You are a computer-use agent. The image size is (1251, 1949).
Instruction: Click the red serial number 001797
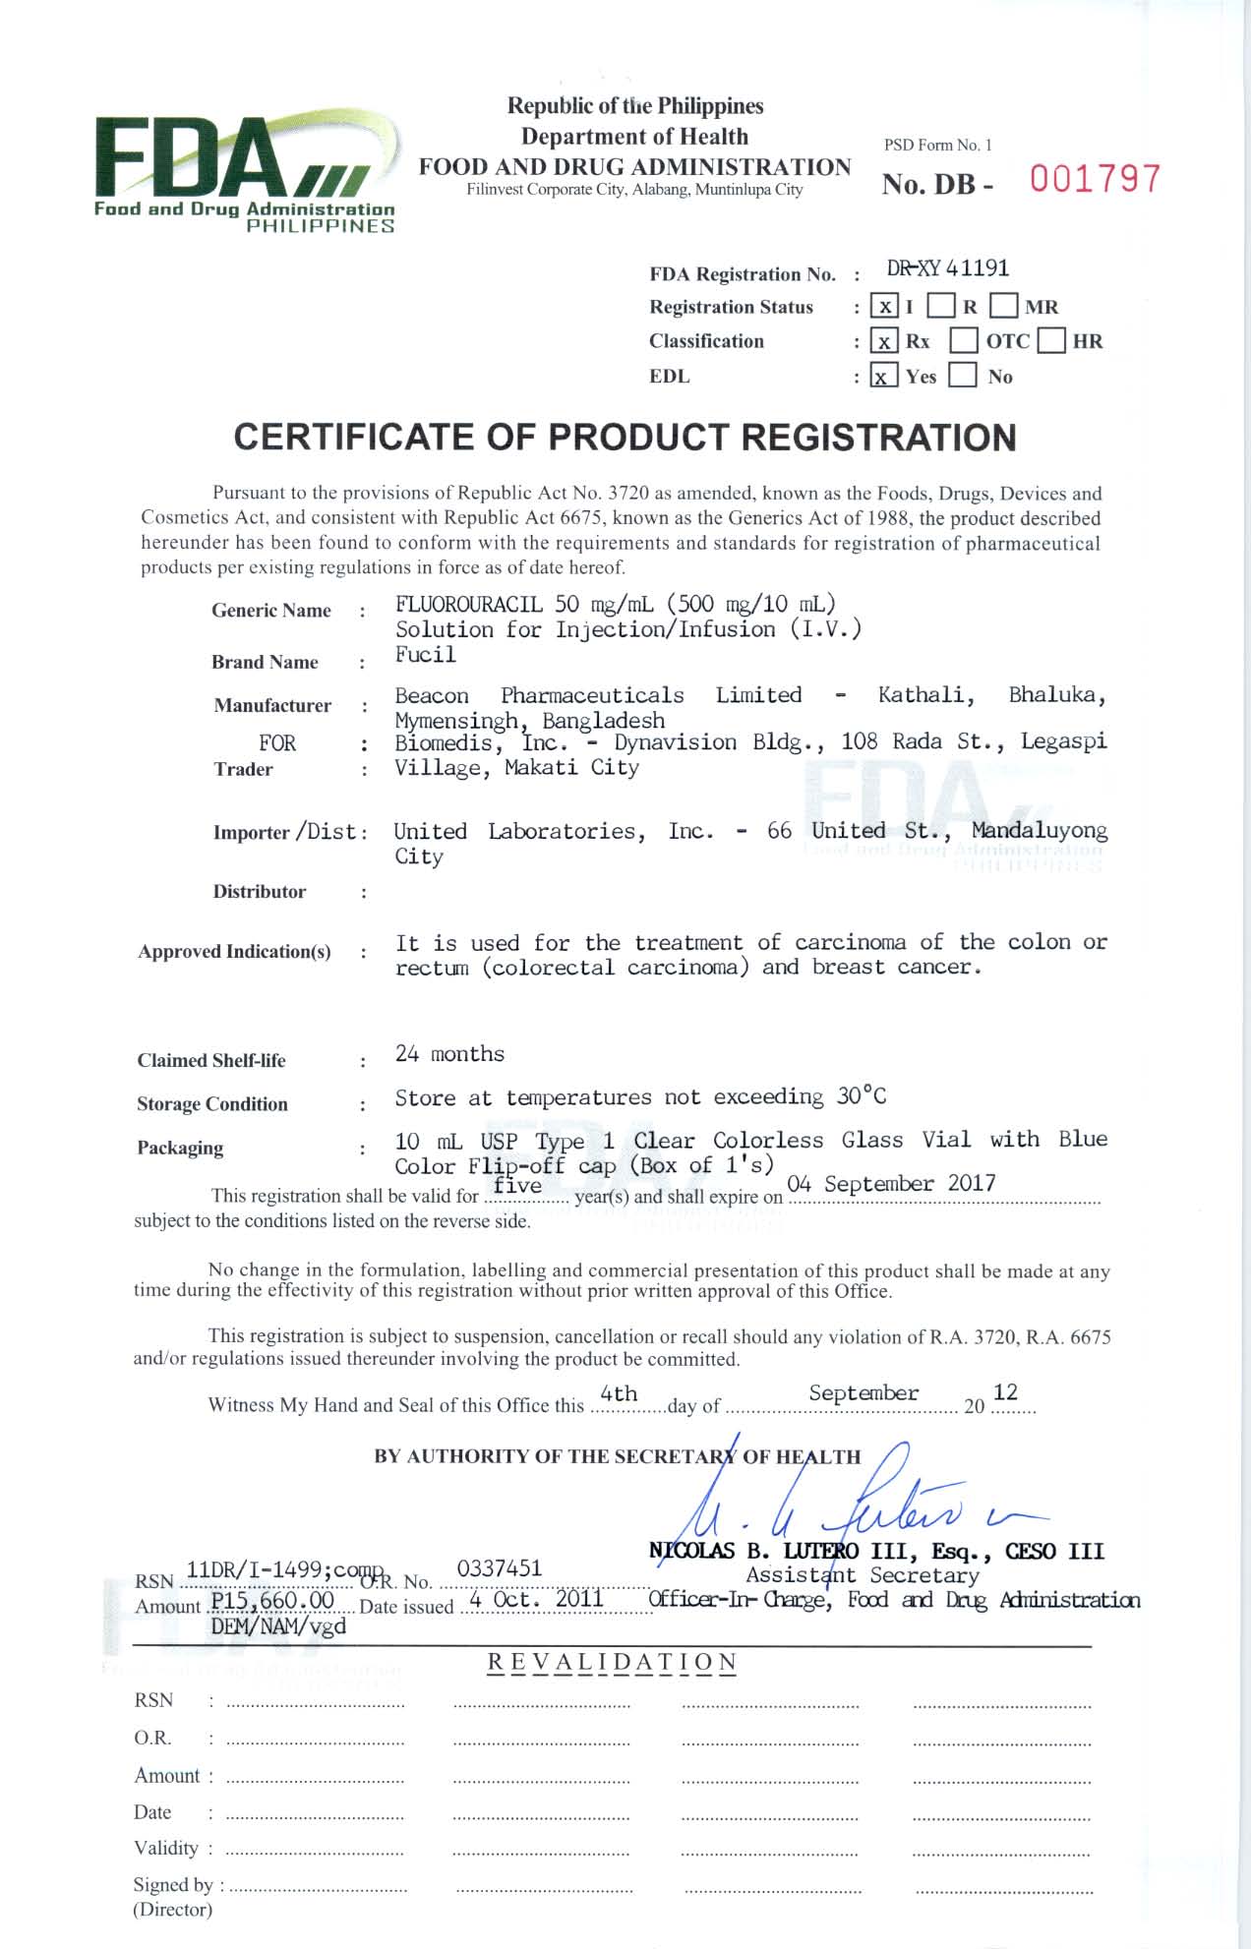pyautogui.click(x=1095, y=179)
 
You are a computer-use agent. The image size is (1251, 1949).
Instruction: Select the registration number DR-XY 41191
pyautogui.click(x=948, y=268)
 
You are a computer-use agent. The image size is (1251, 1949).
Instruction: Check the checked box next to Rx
pyautogui.click(x=884, y=341)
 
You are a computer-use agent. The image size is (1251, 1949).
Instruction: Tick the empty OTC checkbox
pyautogui.click(x=964, y=341)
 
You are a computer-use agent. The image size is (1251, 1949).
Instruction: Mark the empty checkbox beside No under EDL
pyautogui.click(x=963, y=376)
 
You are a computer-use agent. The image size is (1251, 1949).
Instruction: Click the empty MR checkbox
pyautogui.click(x=1004, y=307)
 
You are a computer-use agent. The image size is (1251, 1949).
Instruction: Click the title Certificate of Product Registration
pyautogui.click(x=625, y=438)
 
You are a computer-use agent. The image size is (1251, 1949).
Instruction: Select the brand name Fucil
pyautogui.click(x=426, y=655)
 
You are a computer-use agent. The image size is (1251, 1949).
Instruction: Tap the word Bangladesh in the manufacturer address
pyautogui.click(x=603, y=721)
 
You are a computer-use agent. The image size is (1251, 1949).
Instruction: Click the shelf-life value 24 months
pyautogui.click(x=449, y=1054)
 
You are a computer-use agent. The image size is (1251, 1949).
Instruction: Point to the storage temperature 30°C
pyautogui.click(x=862, y=1095)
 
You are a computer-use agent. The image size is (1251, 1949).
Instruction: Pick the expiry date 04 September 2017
pyautogui.click(x=892, y=1183)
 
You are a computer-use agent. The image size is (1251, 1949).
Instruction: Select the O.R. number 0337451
pyautogui.click(x=499, y=1567)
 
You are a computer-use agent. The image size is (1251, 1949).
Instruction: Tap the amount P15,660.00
pyautogui.click(x=272, y=1600)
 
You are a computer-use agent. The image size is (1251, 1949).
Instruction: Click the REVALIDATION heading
pyautogui.click(x=612, y=1663)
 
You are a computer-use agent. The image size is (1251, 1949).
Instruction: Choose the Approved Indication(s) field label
pyautogui.click(x=234, y=951)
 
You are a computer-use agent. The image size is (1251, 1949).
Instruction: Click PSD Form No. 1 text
pyautogui.click(x=937, y=146)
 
